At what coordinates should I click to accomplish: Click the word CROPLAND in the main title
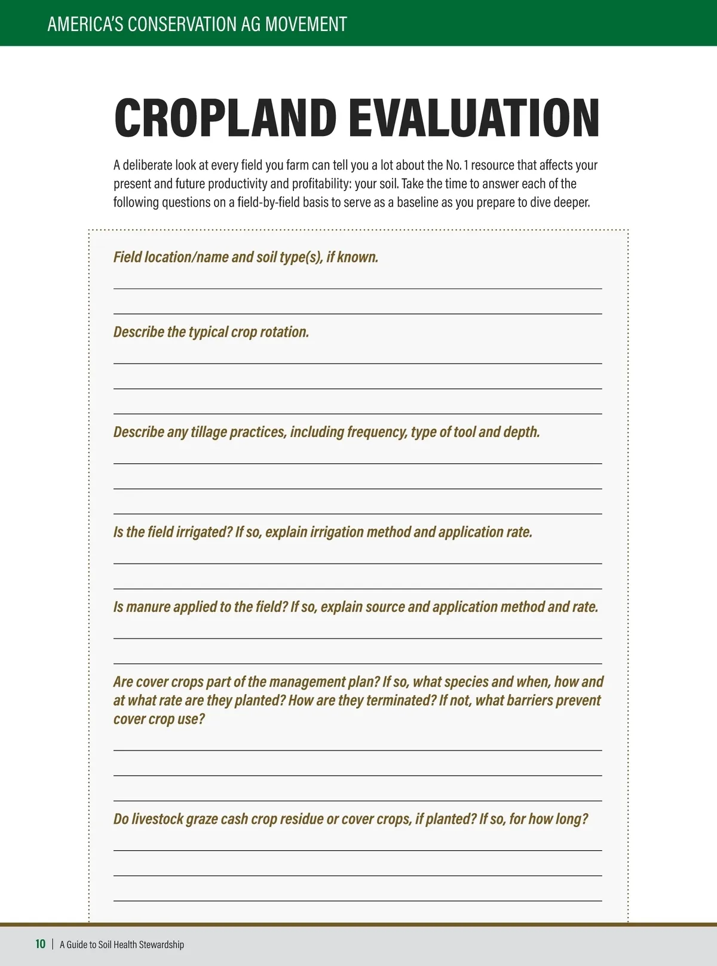point(225,118)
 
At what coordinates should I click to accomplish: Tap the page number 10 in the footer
point(40,944)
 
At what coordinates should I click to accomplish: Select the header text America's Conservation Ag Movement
point(197,24)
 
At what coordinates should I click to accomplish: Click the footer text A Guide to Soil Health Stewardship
point(122,945)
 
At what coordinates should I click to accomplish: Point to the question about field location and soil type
point(246,257)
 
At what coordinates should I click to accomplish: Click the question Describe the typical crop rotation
point(211,332)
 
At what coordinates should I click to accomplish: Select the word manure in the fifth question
point(148,607)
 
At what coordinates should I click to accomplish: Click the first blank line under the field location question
point(357,288)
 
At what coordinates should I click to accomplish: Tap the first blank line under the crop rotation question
point(357,363)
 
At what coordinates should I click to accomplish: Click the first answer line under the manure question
point(357,638)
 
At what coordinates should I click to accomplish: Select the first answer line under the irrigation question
point(357,563)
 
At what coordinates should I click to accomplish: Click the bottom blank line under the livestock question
point(357,900)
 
